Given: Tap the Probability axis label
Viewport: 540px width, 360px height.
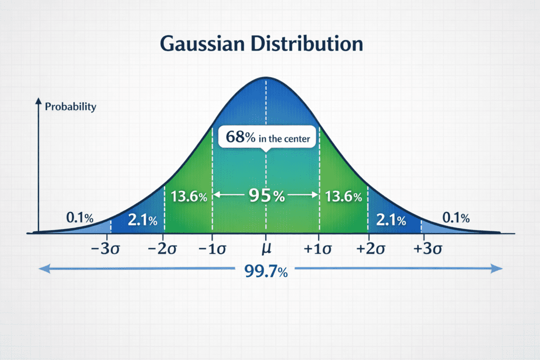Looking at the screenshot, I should (71, 107).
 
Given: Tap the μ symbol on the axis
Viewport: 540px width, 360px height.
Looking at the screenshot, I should (266, 249).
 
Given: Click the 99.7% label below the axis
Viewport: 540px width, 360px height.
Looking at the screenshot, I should (266, 271).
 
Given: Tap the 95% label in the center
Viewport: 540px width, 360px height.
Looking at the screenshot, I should (266, 196).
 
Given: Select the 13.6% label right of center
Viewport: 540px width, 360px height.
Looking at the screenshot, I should (343, 197).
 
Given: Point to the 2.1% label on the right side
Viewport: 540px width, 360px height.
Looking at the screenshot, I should (391, 219).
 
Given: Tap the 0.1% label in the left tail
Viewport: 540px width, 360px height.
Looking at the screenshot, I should (80, 217).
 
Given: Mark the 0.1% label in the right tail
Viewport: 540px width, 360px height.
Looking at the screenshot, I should (456, 217).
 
